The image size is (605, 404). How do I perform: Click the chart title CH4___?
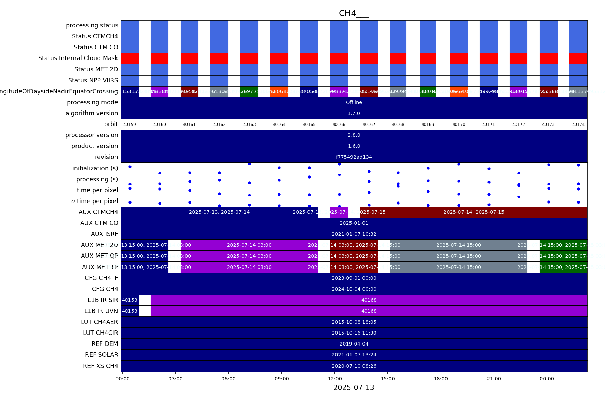pyautogui.click(x=354, y=13)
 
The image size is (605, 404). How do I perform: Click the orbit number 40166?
pyautogui.click(x=339, y=125)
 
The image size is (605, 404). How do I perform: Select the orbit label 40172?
pyautogui.click(x=518, y=125)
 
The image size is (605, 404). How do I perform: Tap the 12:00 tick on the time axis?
pyautogui.click(x=335, y=379)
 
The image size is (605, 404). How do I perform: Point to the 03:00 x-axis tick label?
pyautogui.click(x=176, y=379)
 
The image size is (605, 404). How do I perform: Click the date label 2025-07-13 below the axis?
pyautogui.click(x=354, y=388)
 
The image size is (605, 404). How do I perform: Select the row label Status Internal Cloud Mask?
pyautogui.click(x=78, y=58)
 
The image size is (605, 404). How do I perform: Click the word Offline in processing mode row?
pyautogui.click(x=354, y=102)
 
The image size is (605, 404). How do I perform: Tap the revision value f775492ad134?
pyautogui.click(x=354, y=157)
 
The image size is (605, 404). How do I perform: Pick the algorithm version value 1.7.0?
pyautogui.click(x=354, y=113)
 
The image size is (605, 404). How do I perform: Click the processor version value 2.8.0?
pyautogui.click(x=354, y=135)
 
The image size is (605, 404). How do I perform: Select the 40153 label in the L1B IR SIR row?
pyautogui.click(x=129, y=300)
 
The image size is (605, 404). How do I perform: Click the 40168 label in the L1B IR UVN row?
pyautogui.click(x=369, y=311)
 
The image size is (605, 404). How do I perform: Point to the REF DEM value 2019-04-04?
pyautogui.click(x=354, y=344)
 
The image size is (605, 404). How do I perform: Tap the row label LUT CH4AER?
pyautogui.click(x=99, y=322)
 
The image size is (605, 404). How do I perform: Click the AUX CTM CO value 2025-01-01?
pyautogui.click(x=354, y=223)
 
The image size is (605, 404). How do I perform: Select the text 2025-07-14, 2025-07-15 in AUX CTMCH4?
pyautogui.click(x=473, y=212)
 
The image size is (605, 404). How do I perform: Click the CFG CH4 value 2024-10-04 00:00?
pyautogui.click(x=354, y=289)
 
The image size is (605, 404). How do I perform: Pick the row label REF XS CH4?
pyautogui.click(x=100, y=366)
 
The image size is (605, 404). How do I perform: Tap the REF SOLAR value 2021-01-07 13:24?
pyautogui.click(x=354, y=355)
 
